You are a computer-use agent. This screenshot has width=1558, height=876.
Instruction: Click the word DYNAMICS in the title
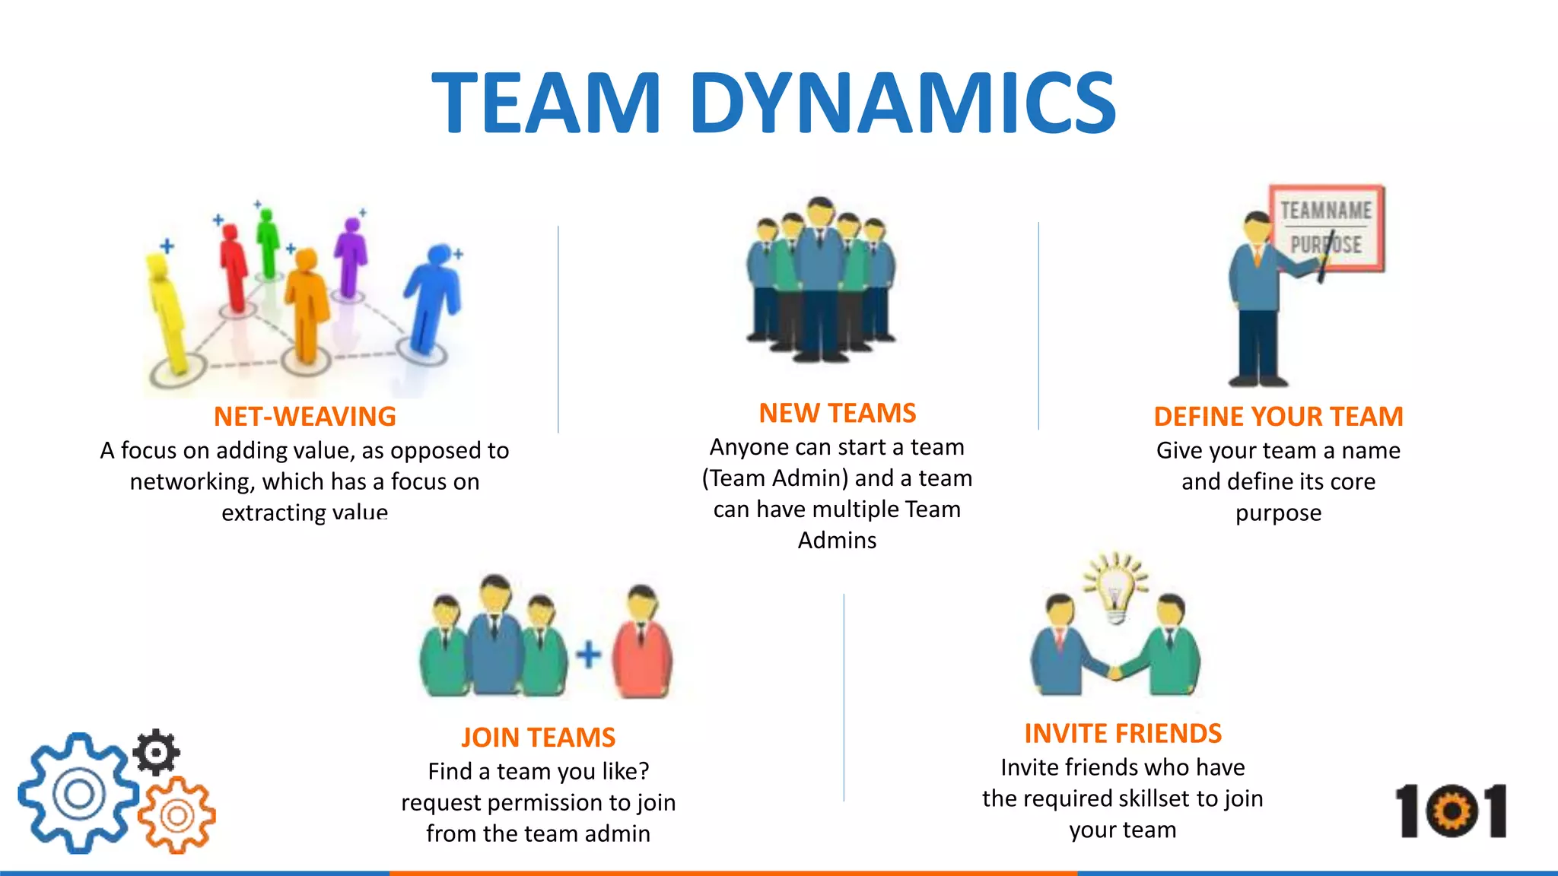902,103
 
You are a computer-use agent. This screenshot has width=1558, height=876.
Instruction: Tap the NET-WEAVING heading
304,417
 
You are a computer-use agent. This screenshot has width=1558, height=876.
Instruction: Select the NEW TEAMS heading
837,413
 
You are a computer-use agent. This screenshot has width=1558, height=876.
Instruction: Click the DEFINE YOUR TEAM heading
1278,417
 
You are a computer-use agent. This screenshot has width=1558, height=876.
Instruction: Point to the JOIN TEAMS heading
538,738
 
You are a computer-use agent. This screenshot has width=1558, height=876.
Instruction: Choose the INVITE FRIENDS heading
1123,734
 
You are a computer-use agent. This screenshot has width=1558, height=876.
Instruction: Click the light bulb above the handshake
1116,589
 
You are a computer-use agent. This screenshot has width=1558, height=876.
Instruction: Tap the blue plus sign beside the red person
588,654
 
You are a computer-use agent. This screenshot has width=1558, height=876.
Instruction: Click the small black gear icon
157,752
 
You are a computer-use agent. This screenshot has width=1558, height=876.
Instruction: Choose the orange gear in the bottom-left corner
177,816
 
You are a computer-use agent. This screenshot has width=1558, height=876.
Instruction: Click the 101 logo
1451,811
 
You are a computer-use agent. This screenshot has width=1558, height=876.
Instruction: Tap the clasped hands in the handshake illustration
1117,672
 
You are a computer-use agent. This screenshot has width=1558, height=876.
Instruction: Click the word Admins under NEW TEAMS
837,541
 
